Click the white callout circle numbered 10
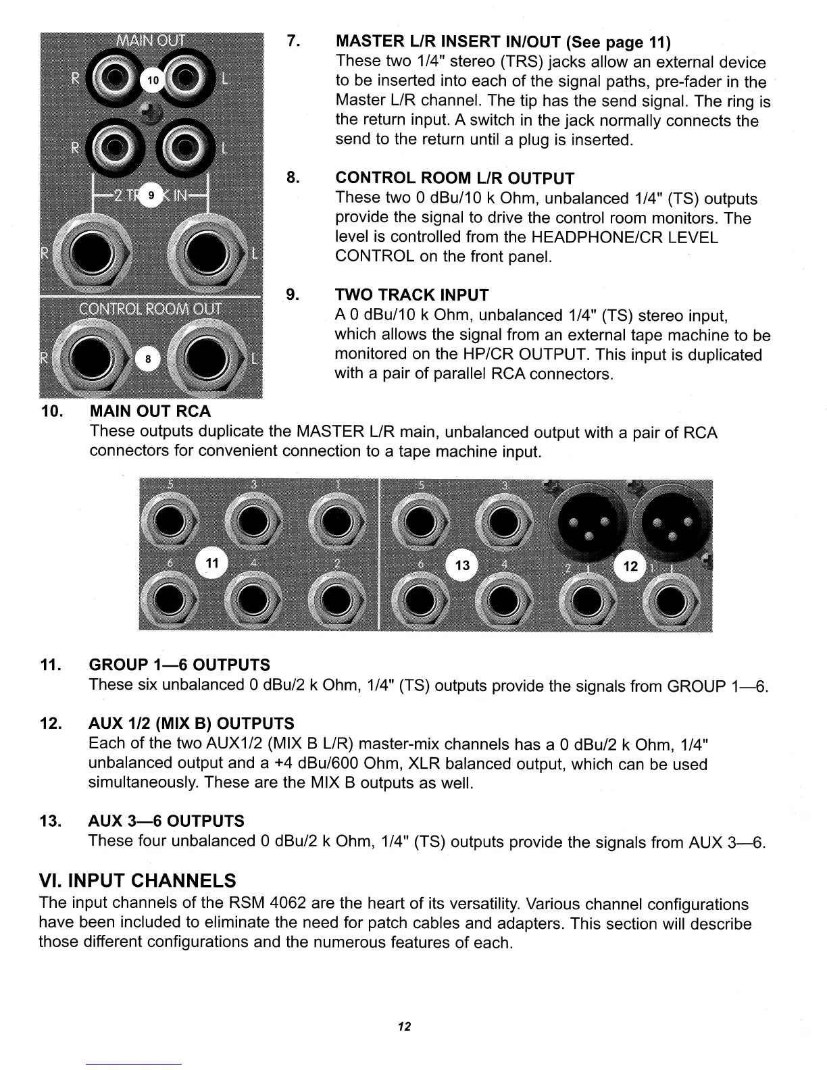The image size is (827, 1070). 152,80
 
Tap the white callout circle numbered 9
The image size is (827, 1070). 151,195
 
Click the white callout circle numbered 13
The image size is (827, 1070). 463,566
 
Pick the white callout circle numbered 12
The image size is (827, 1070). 630,566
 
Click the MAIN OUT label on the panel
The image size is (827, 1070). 152,40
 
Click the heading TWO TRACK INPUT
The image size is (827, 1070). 411,295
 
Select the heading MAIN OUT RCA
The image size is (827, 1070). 150,411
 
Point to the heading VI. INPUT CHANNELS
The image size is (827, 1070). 138,881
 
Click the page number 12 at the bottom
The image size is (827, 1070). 404,1027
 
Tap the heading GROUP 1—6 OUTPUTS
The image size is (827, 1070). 179,665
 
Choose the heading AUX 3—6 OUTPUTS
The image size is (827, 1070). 166,821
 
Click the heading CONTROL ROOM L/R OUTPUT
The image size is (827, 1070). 455,178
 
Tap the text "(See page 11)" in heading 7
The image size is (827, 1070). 618,43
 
